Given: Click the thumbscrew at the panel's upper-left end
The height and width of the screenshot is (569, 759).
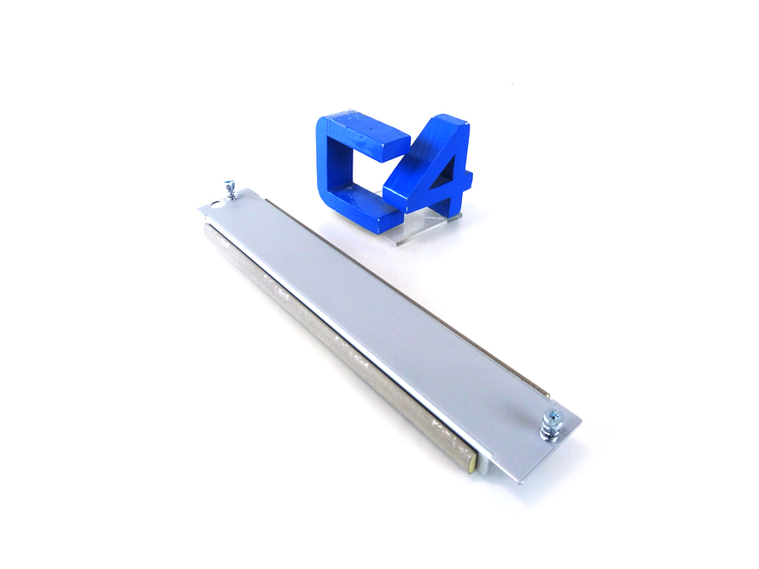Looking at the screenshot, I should [229, 191].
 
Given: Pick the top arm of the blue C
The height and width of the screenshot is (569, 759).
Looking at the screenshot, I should [371, 137].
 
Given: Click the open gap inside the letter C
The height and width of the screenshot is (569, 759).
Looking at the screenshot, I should [358, 173].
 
